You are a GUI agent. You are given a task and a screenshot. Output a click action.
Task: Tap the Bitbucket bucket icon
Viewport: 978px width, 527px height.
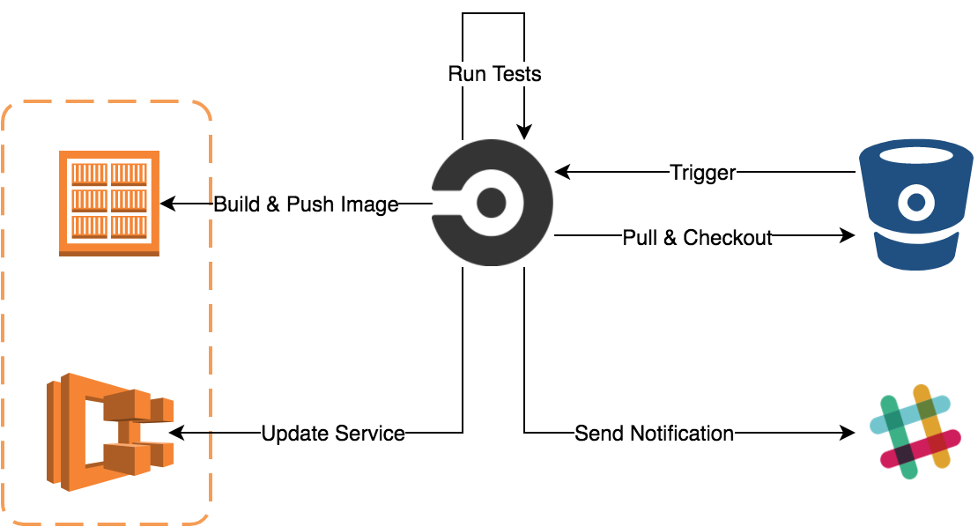point(916,204)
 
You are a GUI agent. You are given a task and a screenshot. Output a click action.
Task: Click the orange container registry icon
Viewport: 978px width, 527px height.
point(109,203)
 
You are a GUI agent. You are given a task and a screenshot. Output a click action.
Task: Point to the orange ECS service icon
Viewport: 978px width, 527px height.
point(109,432)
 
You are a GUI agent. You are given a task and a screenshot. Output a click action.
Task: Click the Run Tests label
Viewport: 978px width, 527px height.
point(494,74)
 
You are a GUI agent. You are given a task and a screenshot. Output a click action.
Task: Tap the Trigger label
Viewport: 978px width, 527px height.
point(702,173)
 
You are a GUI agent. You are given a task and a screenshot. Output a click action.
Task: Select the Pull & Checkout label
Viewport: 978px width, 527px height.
point(697,238)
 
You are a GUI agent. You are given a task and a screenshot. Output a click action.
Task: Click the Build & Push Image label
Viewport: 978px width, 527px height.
point(306,205)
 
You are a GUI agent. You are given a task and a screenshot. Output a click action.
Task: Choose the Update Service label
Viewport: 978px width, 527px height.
point(333,434)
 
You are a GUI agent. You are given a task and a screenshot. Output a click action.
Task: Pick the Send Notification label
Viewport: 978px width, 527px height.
point(654,434)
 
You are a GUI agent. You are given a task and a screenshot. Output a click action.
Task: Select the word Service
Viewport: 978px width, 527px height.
point(372,434)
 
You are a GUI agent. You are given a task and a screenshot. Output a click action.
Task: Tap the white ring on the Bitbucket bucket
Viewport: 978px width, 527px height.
point(916,204)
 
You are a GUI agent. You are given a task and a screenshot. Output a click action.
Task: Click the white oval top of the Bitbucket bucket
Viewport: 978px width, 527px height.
point(916,156)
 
